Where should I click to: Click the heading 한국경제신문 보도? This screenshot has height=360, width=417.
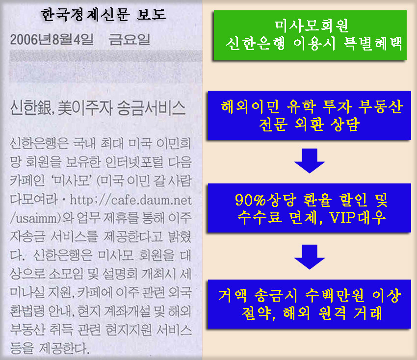click(104, 14)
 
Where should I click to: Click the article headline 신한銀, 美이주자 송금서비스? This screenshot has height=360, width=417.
click(98, 107)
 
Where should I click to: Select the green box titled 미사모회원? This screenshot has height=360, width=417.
click(310, 35)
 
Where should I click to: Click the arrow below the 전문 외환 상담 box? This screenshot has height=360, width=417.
click(311, 160)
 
